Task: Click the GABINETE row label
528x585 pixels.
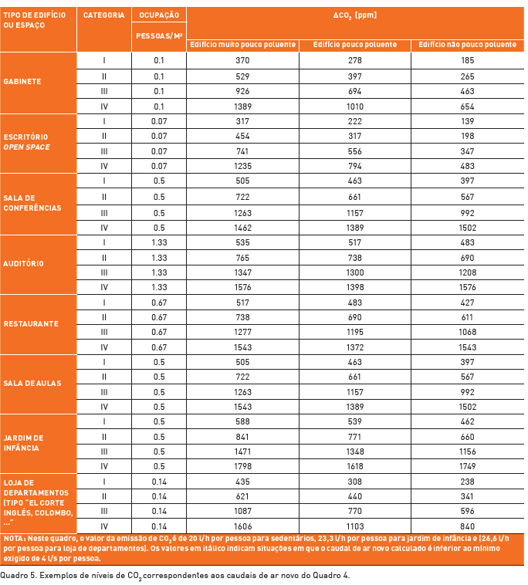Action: [x=22, y=81]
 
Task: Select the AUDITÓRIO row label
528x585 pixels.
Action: [x=24, y=263]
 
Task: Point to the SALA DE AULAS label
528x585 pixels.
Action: [x=32, y=384]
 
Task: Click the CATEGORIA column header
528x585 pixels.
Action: [x=103, y=15]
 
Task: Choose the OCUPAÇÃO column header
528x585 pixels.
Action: [x=158, y=15]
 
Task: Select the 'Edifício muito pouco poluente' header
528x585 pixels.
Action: [x=243, y=45]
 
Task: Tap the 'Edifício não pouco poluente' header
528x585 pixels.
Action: [x=467, y=45]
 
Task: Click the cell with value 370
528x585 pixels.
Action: [x=243, y=60]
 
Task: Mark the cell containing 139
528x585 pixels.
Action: [x=467, y=120]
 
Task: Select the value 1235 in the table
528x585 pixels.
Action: [x=243, y=166]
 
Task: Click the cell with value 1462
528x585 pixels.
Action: [x=243, y=227]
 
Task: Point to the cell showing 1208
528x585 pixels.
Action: [x=467, y=272]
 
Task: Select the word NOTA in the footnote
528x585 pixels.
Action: [x=14, y=538]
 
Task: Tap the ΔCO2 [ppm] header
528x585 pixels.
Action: [x=355, y=15]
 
